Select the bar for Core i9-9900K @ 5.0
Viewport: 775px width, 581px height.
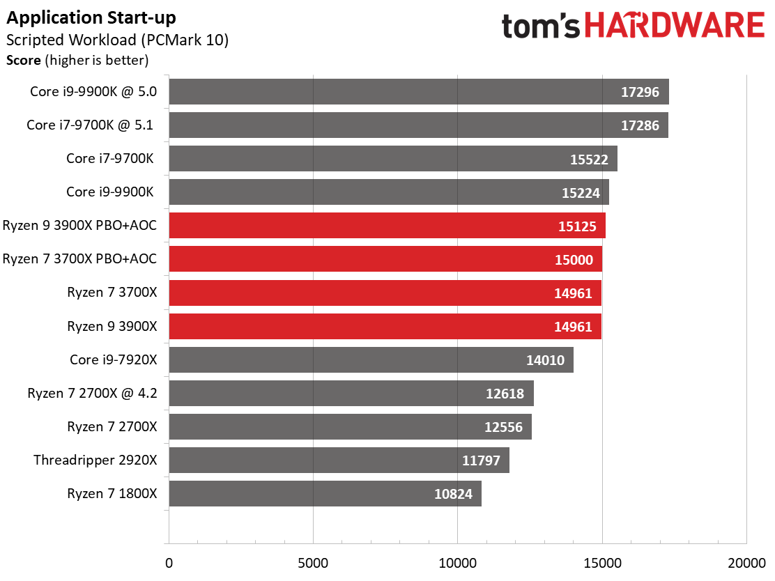(418, 91)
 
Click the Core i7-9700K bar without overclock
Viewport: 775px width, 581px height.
(392, 159)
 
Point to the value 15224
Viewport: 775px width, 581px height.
(581, 193)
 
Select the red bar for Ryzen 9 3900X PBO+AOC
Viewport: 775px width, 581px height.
(387, 226)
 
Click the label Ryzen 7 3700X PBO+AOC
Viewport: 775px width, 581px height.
(80, 259)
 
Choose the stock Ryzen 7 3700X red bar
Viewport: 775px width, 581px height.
(385, 293)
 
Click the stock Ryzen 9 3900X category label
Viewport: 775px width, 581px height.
(112, 326)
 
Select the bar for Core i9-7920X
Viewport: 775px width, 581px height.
(371, 360)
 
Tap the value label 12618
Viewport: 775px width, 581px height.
(505, 394)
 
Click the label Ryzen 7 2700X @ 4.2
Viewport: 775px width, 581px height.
(93, 393)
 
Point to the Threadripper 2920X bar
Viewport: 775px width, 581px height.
(339, 460)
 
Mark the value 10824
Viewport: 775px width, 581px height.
(452, 495)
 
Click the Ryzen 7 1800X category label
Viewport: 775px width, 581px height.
(112, 494)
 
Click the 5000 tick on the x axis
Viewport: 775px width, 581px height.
(313, 562)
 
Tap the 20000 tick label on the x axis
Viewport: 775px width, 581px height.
(746, 562)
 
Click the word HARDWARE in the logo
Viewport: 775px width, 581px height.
(674, 26)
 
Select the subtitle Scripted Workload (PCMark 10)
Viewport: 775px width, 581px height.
(117, 40)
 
